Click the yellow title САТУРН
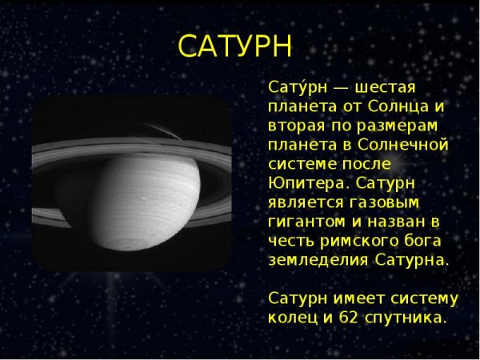(234, 46)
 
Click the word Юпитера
(300, 183)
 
